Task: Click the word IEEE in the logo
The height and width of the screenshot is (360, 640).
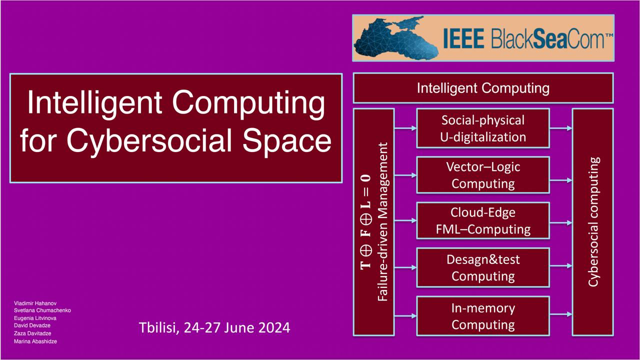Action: pyautogui.click(x=463, y=38)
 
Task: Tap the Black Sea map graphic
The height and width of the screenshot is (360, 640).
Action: pyautogui.click(x=395, y=38)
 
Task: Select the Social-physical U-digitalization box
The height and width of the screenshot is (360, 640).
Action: pyautogui.click(x=483, y=128)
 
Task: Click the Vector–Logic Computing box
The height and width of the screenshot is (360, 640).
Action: pyautogui.click(x=483, y=175)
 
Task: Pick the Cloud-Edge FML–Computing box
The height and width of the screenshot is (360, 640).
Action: pyautogui.click(x=483, y=220)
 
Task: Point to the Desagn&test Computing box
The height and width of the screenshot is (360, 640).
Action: pyautogui.click(x=483, y=267)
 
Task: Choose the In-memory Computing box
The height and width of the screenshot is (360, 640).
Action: pyautogui.click(x=483, y=316)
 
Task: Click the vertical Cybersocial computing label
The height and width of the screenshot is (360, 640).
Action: pyautogui.click(x=593, y=221)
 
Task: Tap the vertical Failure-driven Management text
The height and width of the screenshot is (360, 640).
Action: pyautogui.click(x=382, y=221)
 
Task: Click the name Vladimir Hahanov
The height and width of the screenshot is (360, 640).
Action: pyautogui.click(x=35, y=303)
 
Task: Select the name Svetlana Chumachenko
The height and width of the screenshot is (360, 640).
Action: pyautogui.click(x=42, y=310)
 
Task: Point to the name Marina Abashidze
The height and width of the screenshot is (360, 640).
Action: pyautogui.click(x=35, y=341)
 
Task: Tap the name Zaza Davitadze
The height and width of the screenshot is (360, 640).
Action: pyautogui.click(x=32, y=333)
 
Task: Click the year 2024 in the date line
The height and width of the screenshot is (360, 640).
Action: pyautogui.click(x=274, y=327)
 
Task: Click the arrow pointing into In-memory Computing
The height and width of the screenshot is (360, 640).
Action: pyautogui.click(x=405, y=315)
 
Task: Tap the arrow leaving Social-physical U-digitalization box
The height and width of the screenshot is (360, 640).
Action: pyautogui.click(x=561, y=128)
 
